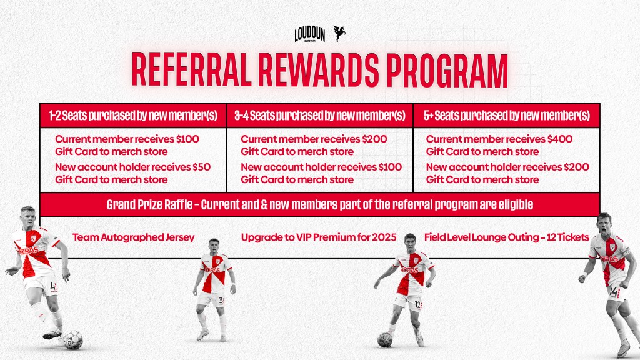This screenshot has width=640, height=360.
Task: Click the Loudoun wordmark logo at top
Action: tap(310, 35)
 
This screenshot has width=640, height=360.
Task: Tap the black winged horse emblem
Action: tap(339, 34)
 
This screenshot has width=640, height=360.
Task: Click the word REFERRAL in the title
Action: tap(191, 70)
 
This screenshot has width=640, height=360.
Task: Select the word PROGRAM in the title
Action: tap(447, 70)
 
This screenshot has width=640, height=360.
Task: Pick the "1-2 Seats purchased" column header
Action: tap(133, 116)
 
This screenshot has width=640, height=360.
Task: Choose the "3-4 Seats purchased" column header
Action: tap(320, 116)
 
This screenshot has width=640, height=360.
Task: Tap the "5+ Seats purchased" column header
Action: tap(506, 116)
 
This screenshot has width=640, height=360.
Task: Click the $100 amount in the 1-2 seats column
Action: tap(187, 139)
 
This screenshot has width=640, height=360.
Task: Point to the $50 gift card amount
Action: tap(202, 167)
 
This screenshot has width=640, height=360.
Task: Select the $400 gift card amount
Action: tap(559, 139)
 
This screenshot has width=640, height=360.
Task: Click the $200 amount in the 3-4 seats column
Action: tap(374, 139)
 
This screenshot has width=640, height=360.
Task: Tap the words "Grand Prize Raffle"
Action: tap(149, 204)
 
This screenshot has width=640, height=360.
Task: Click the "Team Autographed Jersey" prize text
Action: tap(134, 237)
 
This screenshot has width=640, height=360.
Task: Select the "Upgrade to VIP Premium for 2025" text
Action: tap(319, 237)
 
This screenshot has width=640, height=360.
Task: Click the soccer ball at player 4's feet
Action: tap(73, 340)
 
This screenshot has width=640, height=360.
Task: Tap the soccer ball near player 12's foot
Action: tap(384, 340)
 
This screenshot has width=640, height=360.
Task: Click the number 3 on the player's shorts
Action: tap(221, 301)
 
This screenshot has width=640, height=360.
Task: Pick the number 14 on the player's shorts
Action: tap(613, 292)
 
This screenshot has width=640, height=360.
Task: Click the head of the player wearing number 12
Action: tap(410, 243)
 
